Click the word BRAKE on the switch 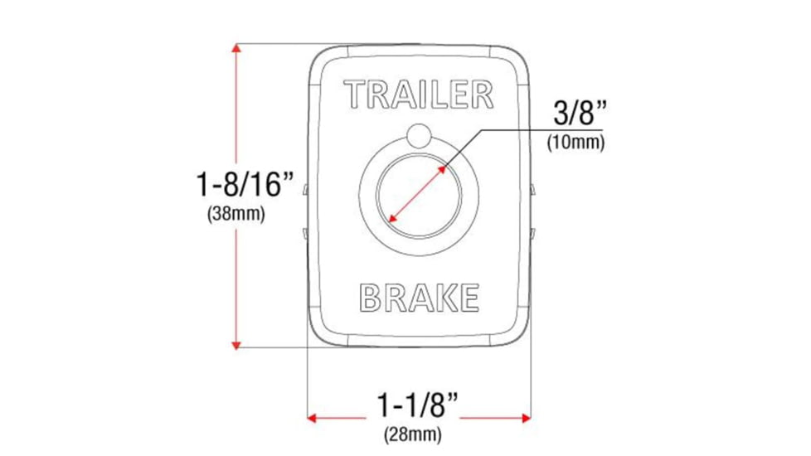419,297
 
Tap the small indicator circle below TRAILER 420,136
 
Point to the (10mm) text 575,142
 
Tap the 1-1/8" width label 418,406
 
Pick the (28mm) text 412,434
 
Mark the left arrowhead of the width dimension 313,417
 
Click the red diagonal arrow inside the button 417,196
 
